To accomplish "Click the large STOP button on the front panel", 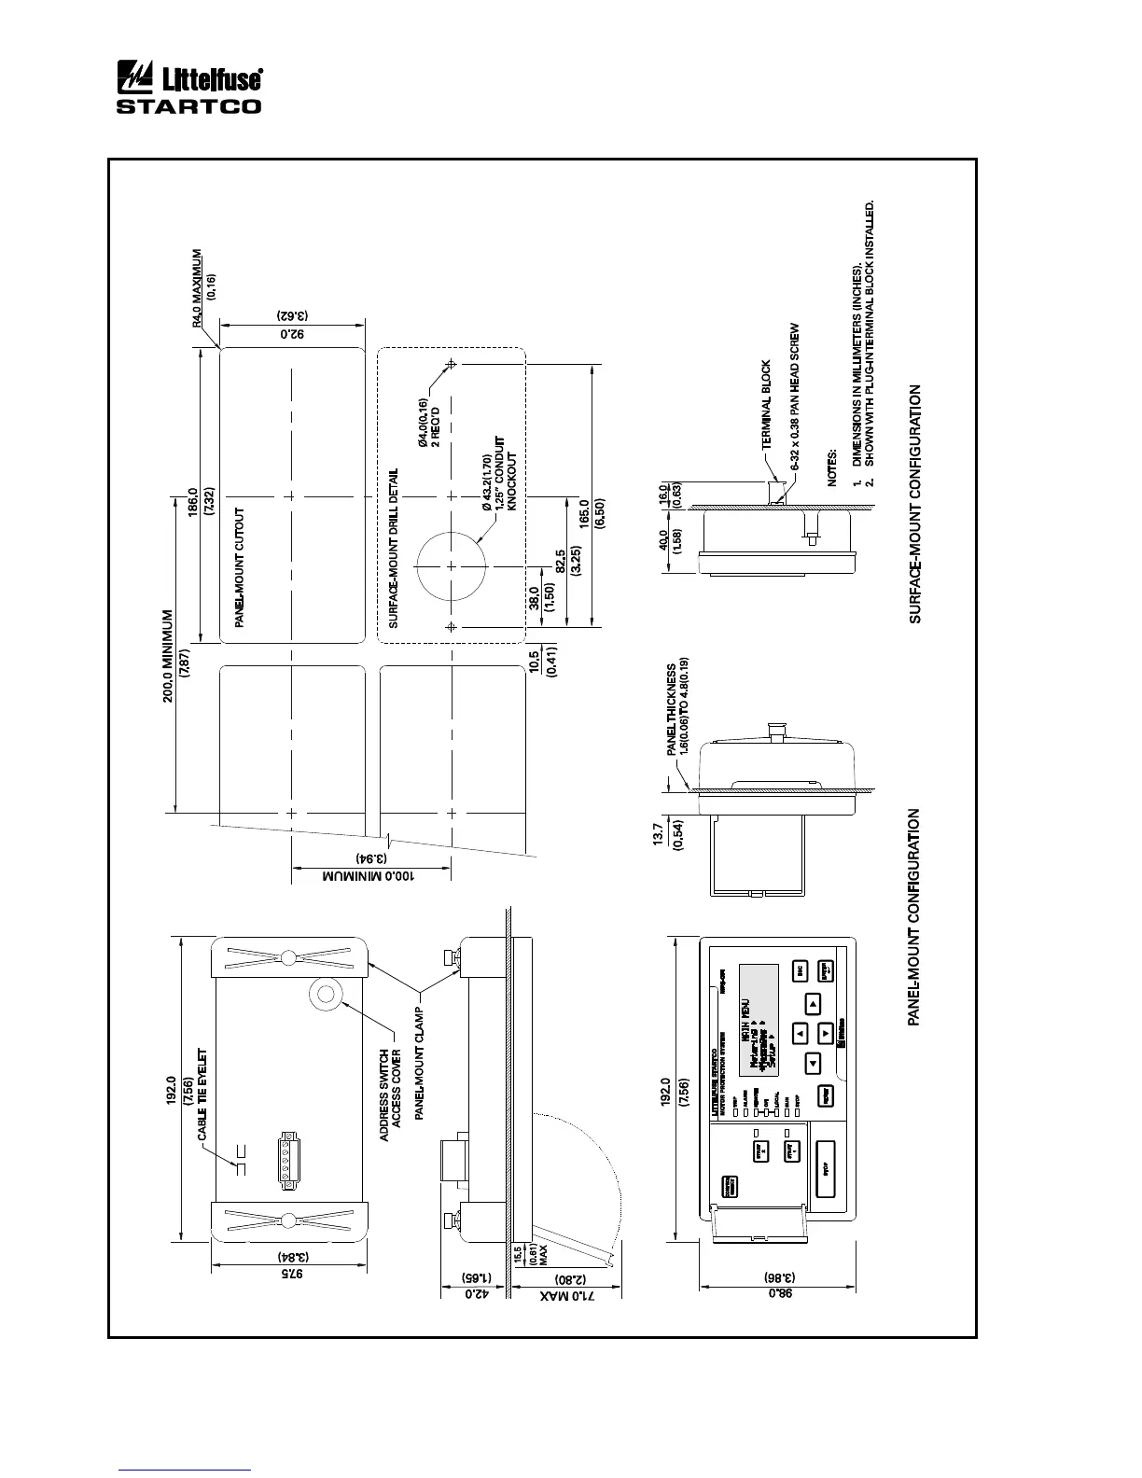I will [826, 1166].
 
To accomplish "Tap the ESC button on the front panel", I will [801, 970].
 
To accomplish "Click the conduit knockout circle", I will [452, 566].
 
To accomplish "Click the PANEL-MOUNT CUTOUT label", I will [240, 566].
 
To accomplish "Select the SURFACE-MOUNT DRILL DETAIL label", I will [394, 548].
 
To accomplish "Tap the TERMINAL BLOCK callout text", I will [766, 405].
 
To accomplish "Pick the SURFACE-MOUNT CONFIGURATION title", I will [915, 505].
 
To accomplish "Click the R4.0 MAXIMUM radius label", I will [197, 287].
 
